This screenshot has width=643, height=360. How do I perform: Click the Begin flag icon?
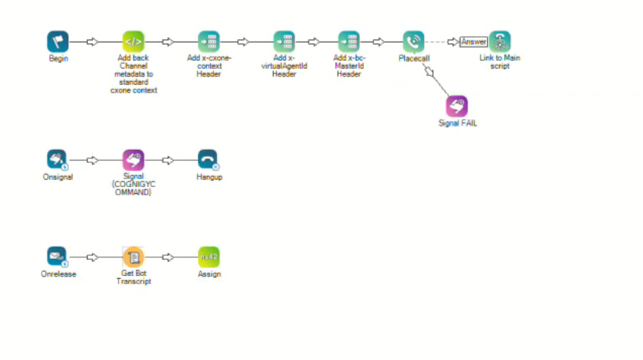[x=58, y=42]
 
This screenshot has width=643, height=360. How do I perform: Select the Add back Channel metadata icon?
[x=133, y=42]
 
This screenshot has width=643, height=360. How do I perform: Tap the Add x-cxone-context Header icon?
[x=209, y=42]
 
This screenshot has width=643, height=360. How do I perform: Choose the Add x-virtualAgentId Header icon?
[x=284, y=42]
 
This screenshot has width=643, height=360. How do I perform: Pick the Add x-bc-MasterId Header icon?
[x=349, y=42]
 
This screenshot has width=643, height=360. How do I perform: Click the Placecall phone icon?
[x=413, y=42]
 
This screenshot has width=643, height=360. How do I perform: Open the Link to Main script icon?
[x=500, y=42]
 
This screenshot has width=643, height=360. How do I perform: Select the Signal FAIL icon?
[x=457, y=106]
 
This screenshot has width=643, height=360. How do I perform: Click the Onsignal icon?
[x=57, y=160]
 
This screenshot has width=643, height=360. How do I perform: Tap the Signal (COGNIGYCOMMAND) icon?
[x=133, y=160]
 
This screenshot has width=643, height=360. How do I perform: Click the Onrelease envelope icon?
[x=57, y=256]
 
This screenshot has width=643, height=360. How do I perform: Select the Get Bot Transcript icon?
[x=133, y=256]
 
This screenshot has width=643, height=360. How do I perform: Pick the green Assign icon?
[x=209, y=256]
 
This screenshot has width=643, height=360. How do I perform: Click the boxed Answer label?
[x=473, y=42]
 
